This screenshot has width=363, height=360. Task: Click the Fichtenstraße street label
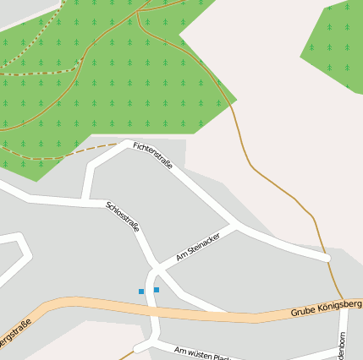click(x=153, y=155)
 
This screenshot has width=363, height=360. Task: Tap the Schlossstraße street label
click(x=123, y=216)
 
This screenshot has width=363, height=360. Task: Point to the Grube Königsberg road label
click(x=326, y=307)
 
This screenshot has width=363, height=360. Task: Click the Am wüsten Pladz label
click(x=202, y=352)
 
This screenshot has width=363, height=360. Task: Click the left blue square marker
click(x=141, y=292)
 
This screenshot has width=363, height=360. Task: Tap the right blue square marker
click(x=157, y=290)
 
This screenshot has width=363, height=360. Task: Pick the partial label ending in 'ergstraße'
click(x=15, y=333)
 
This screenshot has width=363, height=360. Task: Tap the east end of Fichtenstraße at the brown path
click(x=327, y=257)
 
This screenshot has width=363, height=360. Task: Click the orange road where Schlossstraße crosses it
click(x=155, y=306)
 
